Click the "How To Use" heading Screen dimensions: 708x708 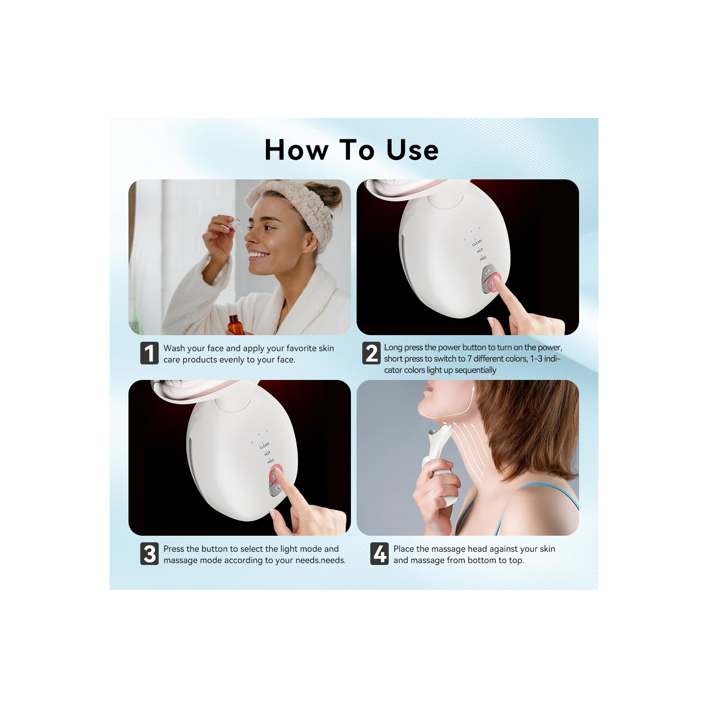click(x=351, y=150)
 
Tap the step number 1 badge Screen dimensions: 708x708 click(x=149, y=353)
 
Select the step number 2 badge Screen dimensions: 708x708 click(x=371, y=353)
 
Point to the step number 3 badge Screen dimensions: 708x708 click(x=149, y=554)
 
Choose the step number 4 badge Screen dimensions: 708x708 click(x=379, y=554)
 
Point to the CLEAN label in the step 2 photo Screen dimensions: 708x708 click(x=477, y=243)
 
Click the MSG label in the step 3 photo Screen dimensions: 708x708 click(x=271, y=461)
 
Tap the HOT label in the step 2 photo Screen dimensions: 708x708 click(x=480, y=251)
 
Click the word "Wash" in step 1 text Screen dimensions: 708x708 click(x=174, y=348)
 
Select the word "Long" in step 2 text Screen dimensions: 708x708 click(x=393, y=347)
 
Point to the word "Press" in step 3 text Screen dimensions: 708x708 click(x=174, y=549)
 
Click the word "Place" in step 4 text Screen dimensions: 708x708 click(x=404, y=549)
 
